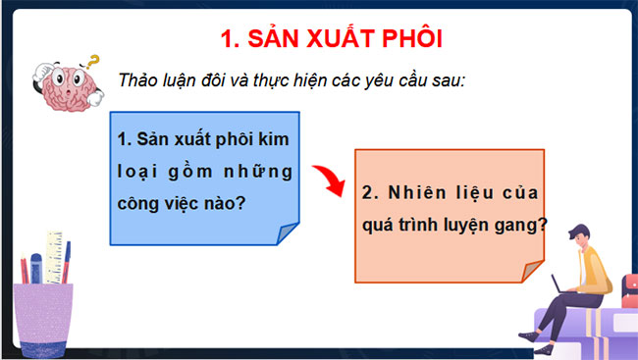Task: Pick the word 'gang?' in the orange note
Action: point(522,224)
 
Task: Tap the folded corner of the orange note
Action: point(532,271)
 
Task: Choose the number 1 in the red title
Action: point(228,40)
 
